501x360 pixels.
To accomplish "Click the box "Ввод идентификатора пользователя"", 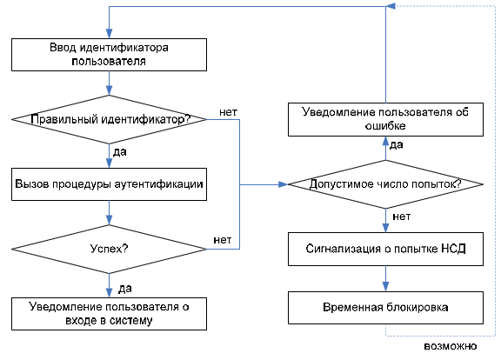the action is click(x=109, y=55).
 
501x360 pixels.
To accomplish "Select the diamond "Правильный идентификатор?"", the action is click(x=109, y=119).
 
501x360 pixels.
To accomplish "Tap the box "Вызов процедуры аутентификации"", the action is click(x=109, y=184).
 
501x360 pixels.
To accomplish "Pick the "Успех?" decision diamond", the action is click(x=109, y=250).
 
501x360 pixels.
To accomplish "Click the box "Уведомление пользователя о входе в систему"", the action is click(x=109, y=314).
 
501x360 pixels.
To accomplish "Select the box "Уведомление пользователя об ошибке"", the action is click(x=385, y=119).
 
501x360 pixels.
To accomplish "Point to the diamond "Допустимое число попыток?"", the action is click(x=385, y=184).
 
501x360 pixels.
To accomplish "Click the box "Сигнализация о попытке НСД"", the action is click(x=385, y=250).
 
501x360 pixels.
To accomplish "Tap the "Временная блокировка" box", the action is click(x=385, y=308).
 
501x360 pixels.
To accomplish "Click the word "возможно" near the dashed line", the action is click(x=451, y=346).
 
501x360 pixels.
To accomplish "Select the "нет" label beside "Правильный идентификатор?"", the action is click(x=228, y=112).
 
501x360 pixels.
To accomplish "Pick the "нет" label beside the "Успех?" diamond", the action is click(x=223, y=240).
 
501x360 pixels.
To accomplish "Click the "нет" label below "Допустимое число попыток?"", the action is click(x=401, y=217).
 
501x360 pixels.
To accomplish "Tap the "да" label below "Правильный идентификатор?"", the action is click(x=120, y=152).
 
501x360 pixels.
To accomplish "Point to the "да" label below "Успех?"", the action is click(x=125, y=289).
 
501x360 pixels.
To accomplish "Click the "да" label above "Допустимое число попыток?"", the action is click(x=397, y=145).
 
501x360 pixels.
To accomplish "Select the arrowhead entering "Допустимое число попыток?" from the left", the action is click(x=284, y=184).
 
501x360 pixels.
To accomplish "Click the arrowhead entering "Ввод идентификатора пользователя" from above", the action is click(x=109, y=34).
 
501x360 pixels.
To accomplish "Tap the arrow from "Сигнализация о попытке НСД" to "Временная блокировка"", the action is click(x=385, y=278).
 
